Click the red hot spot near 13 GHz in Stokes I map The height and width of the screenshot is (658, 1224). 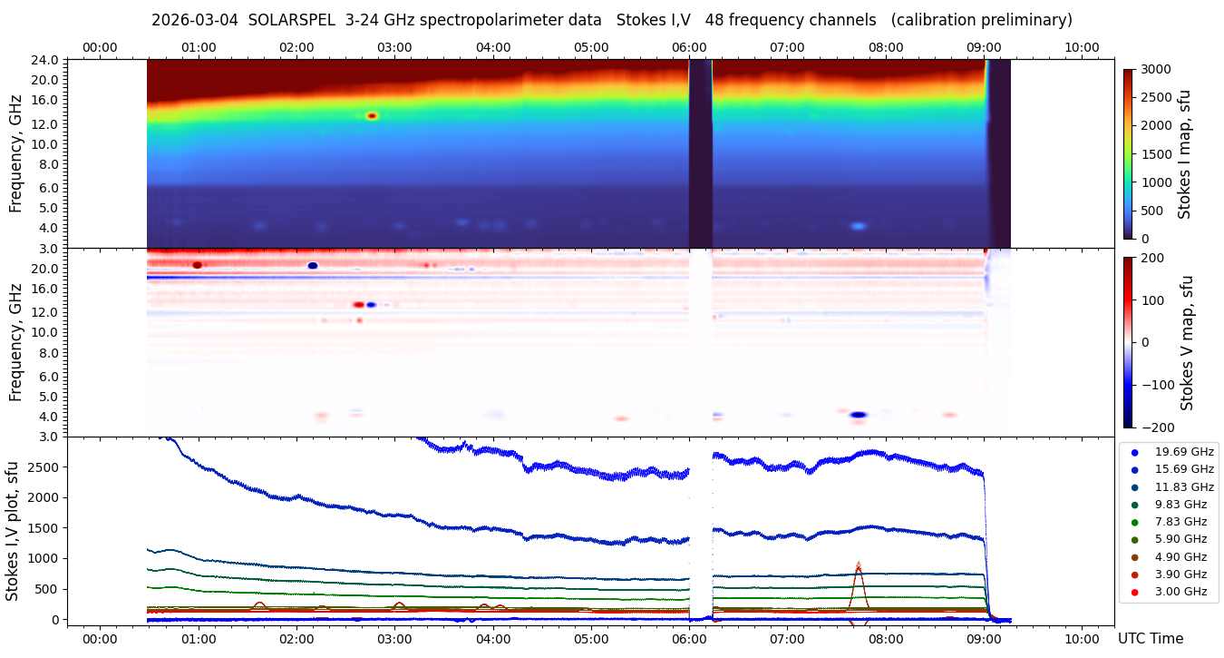(371, 116)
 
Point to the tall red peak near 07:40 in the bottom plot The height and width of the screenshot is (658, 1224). (858, 565)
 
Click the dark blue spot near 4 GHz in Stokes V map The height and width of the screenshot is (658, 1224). (858, 415)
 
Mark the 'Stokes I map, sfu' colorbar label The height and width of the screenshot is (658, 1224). (1184, 154)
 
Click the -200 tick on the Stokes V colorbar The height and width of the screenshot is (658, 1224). (1157, 427)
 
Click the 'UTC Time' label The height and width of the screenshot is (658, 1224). (1151, 638)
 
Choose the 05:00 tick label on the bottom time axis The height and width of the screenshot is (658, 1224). (591, 638)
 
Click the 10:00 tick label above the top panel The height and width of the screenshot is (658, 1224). (1082, 47)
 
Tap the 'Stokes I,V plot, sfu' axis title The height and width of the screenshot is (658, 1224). (13, 531)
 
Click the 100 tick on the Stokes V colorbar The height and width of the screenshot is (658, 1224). (1153, 300)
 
